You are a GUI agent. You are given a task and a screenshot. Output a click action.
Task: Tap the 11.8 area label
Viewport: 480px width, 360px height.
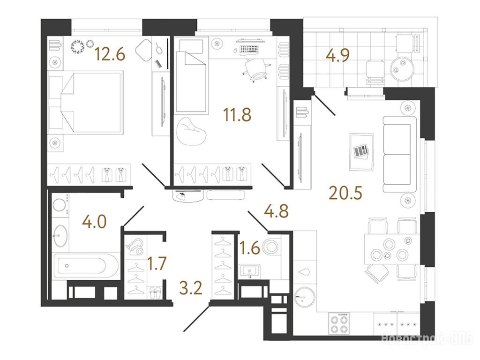point(237,115)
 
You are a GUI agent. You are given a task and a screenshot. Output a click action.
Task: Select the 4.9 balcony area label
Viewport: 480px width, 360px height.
point(338,55)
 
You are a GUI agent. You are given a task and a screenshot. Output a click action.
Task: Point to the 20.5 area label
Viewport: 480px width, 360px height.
point(345,193)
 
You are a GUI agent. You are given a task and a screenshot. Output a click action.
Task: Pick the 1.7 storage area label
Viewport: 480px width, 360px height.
point(157,263)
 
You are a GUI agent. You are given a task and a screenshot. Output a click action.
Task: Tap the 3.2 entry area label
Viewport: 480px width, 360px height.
point(191,288)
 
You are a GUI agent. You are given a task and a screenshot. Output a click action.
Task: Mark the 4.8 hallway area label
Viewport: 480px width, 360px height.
point(277,211)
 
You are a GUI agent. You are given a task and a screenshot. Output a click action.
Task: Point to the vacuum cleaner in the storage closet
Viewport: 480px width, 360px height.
point(135,247)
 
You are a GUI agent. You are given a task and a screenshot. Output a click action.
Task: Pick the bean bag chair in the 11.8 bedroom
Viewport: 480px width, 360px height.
point(191,131)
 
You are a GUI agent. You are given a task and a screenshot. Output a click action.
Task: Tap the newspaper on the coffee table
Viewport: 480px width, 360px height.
point(361,151)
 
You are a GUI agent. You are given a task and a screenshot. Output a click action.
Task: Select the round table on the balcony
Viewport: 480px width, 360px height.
point(402,68)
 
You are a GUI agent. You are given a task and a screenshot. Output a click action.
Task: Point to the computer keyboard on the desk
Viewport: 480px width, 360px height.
point(248,49)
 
